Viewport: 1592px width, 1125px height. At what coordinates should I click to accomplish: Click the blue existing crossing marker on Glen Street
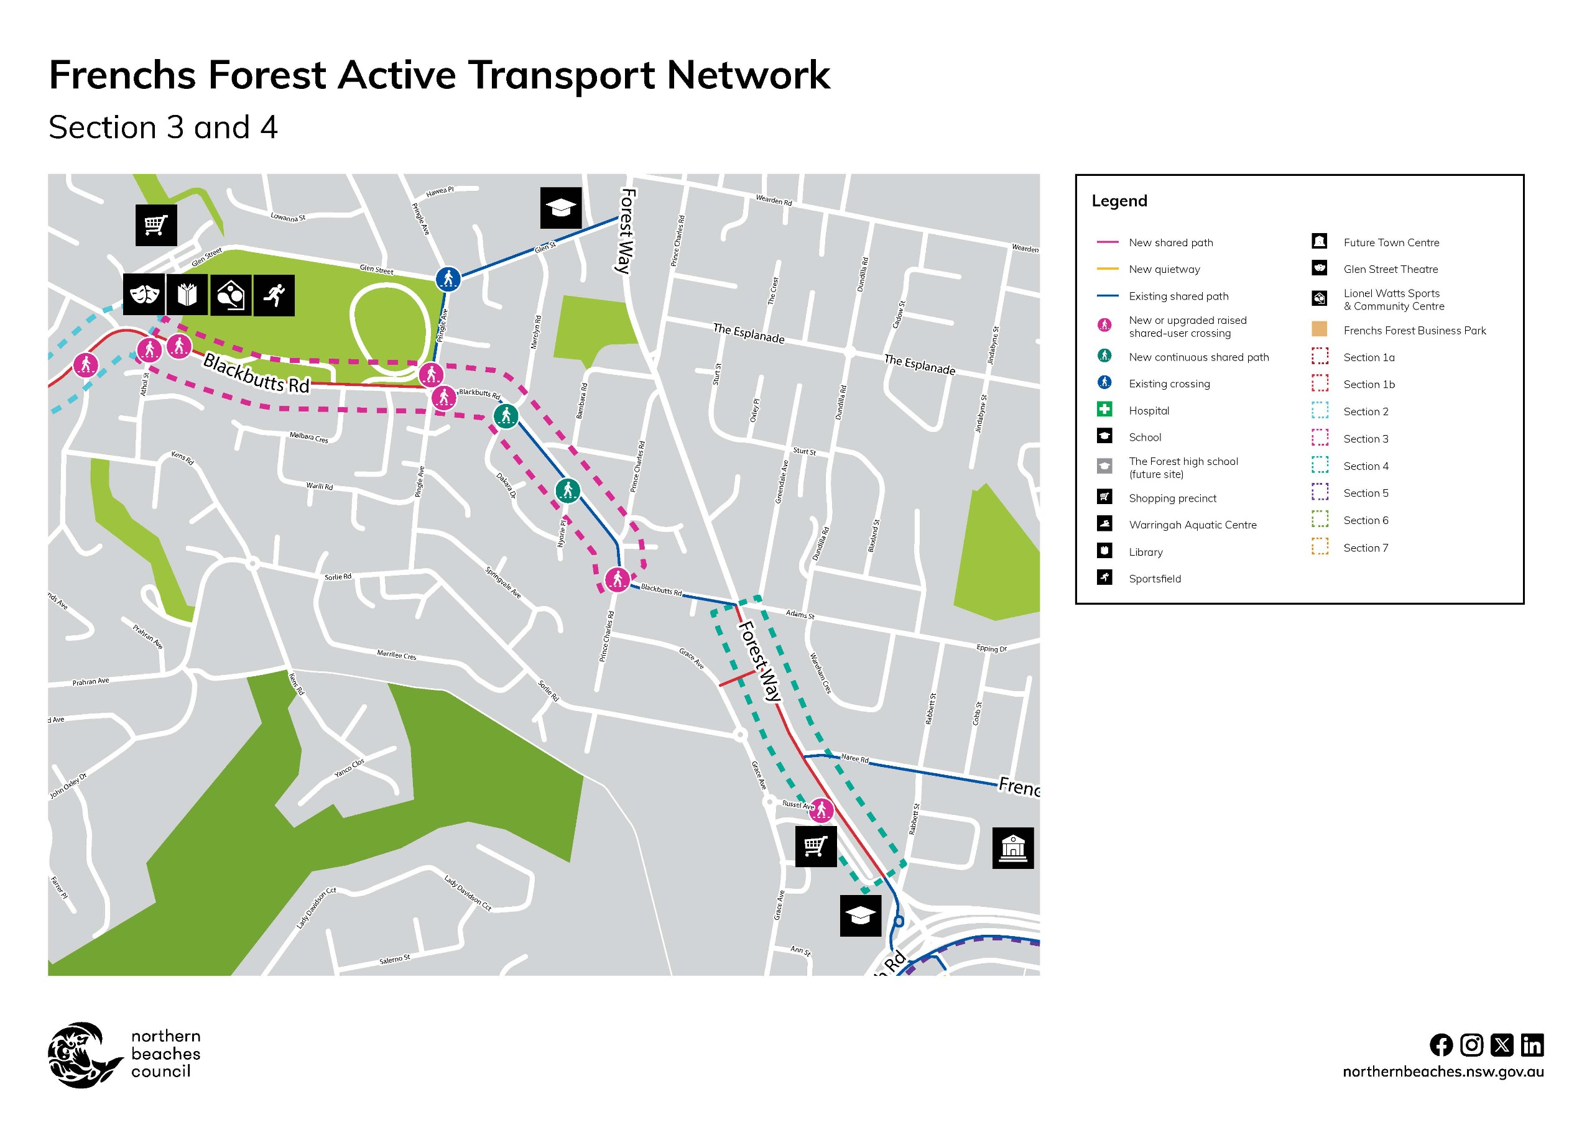point(448,278)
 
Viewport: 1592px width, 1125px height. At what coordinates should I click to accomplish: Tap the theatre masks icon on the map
point(144,295)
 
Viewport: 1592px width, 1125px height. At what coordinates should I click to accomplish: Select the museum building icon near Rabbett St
point(1012,847)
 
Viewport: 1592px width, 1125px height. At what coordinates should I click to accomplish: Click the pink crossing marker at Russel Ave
point(821,809)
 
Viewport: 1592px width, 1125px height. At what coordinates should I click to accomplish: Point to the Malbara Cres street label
point(308,438)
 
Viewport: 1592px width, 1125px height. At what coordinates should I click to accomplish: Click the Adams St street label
point(800,614)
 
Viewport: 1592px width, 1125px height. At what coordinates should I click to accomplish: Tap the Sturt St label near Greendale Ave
point(804,451)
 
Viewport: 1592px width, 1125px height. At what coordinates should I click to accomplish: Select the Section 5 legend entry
point(1365,493)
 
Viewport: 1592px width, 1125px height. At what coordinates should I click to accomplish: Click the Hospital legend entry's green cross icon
point(1104,410)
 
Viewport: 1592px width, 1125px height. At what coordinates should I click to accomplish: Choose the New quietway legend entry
point(1164,269)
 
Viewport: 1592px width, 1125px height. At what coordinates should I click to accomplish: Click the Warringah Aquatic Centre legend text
point(1192,525)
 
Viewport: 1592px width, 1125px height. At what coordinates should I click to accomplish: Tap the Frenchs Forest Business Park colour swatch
point(1320,329)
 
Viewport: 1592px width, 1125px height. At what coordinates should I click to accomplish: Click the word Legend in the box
point(1119,201)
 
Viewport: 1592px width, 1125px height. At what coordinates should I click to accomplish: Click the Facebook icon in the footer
point(1441,1045)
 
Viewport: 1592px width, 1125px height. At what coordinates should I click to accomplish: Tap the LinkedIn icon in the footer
point(1532,1045)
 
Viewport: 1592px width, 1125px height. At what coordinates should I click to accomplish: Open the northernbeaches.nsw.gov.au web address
point(1443,1072)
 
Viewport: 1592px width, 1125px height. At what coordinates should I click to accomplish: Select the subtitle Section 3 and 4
point(163,127)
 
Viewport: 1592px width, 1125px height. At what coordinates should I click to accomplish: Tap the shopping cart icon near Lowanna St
point(156,224)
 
